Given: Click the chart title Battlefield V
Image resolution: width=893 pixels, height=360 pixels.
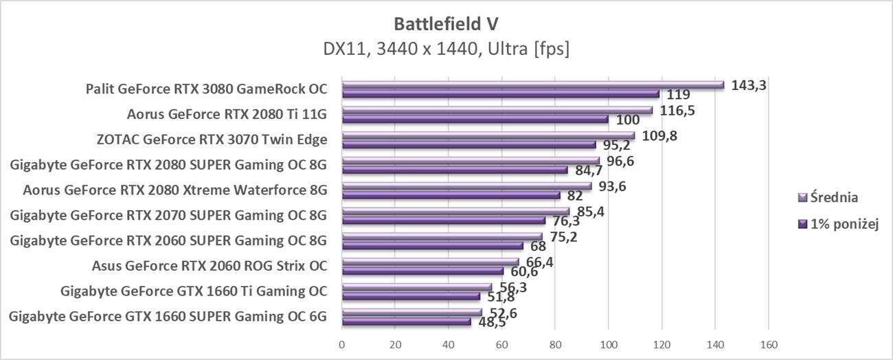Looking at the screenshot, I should tap(446, 24).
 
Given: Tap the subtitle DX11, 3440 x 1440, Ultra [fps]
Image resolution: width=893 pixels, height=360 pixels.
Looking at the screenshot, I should tap(446, 49).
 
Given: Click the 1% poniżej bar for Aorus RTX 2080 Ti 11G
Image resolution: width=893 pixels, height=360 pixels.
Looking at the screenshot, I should tap(475, 120).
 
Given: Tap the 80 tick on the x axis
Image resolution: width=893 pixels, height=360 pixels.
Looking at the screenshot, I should tap(555, 344).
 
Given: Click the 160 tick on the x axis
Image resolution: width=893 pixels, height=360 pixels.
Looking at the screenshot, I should tap(769, 344).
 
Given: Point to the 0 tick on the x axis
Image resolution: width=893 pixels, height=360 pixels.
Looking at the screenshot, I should tap(342, 344).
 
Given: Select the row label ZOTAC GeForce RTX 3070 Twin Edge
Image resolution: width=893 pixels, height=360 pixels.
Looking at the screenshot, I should tap(212, 139).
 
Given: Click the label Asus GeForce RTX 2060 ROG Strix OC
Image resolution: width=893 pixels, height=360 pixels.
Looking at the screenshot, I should tap(210, 265).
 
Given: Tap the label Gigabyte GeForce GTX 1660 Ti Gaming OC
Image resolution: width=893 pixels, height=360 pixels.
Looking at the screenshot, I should tap(194, 291).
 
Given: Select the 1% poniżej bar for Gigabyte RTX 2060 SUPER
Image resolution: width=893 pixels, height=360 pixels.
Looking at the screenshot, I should tap(432, 245).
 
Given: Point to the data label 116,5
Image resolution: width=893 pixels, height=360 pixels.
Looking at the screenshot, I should tap(678, 110).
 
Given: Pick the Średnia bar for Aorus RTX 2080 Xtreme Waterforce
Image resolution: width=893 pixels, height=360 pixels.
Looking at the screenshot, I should tap(466, 186).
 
